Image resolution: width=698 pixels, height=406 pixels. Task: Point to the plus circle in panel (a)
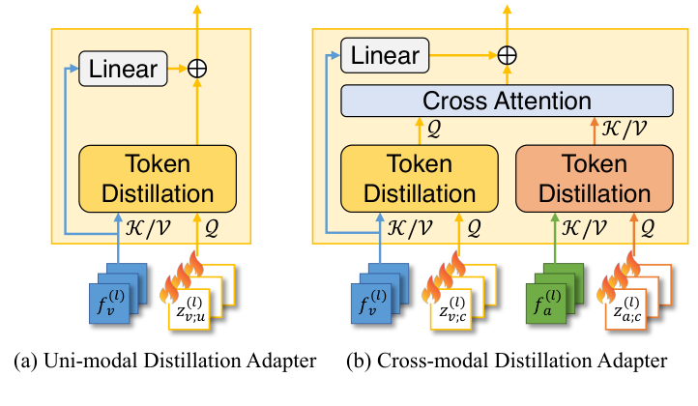tap(198, 68)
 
